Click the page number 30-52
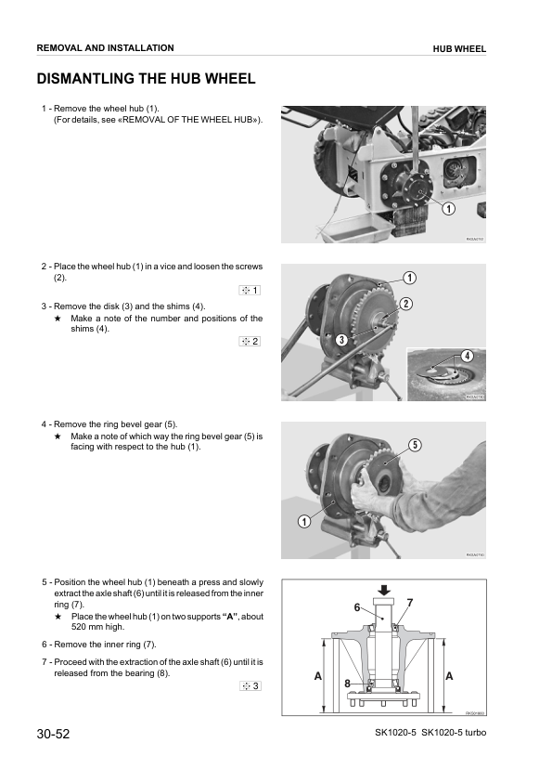(x=53, y=734)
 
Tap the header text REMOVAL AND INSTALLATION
(x=105, y=47)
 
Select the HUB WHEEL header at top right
(x=459, y=48)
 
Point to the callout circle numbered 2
(x=405, y=304)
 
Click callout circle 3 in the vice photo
(x=341, y=340)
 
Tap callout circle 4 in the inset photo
(x=467, y=356)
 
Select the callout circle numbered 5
(x=414, y=445)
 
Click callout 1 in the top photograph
(x=447, y=209)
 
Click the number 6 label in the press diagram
(x=356, y=607)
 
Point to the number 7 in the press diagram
(x=409, y=604)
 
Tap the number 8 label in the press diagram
(x=347, y=683)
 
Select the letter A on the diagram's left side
(x=317, y=676)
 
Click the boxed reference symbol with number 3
(x=250, y=686)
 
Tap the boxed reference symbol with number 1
(x=250, y=291)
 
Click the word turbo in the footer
(x=469, y=735)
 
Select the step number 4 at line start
(x=45, y=424)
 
